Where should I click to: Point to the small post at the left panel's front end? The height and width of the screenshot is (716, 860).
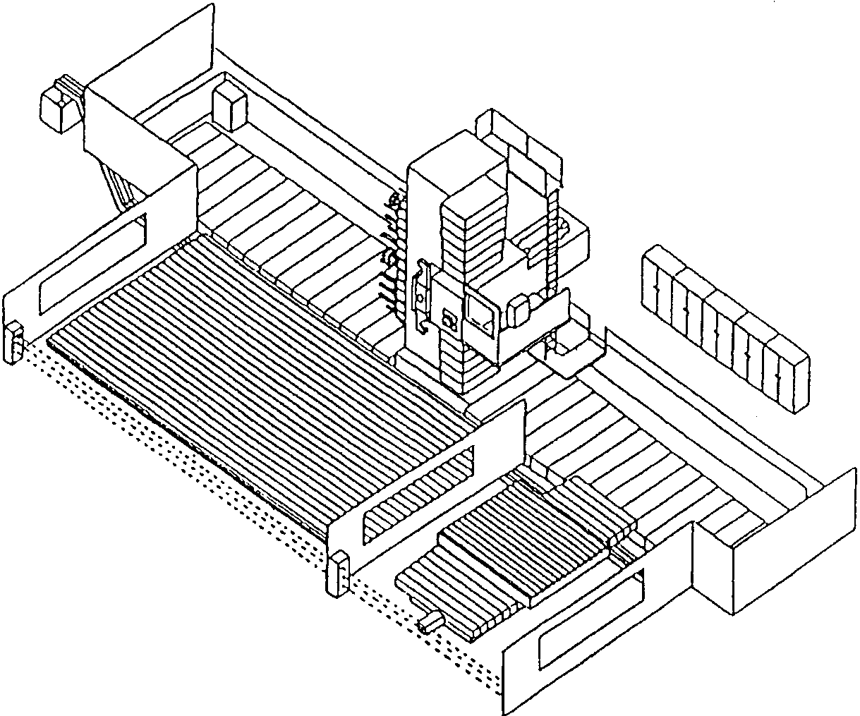(x=15, y=342)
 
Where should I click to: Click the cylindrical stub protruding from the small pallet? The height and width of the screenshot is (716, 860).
(x=430, y=622)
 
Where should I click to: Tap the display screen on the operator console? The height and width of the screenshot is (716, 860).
(x=480, y=315)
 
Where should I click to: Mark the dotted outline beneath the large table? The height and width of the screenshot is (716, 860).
(x=176, y=451)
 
